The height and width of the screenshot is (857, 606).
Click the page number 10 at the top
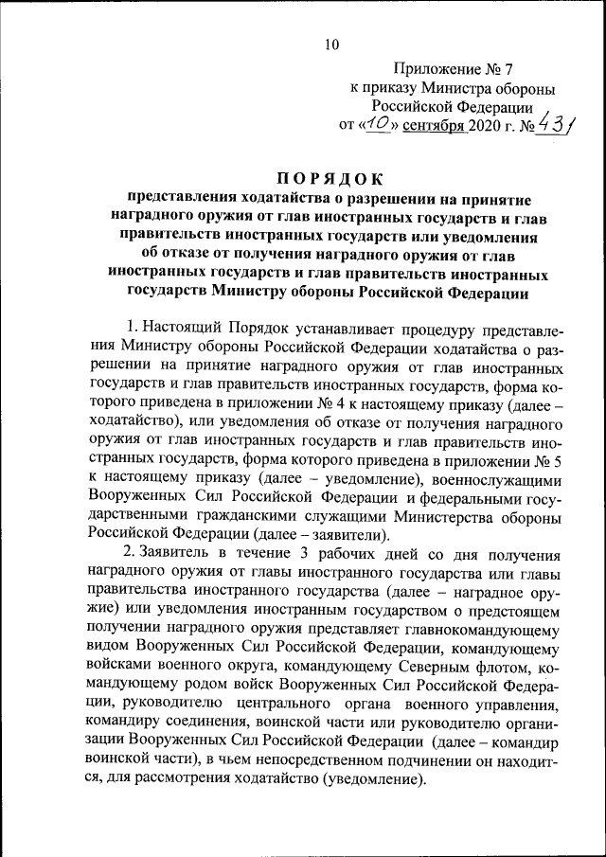(330, 44)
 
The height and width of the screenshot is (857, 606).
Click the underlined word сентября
(433, 124)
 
